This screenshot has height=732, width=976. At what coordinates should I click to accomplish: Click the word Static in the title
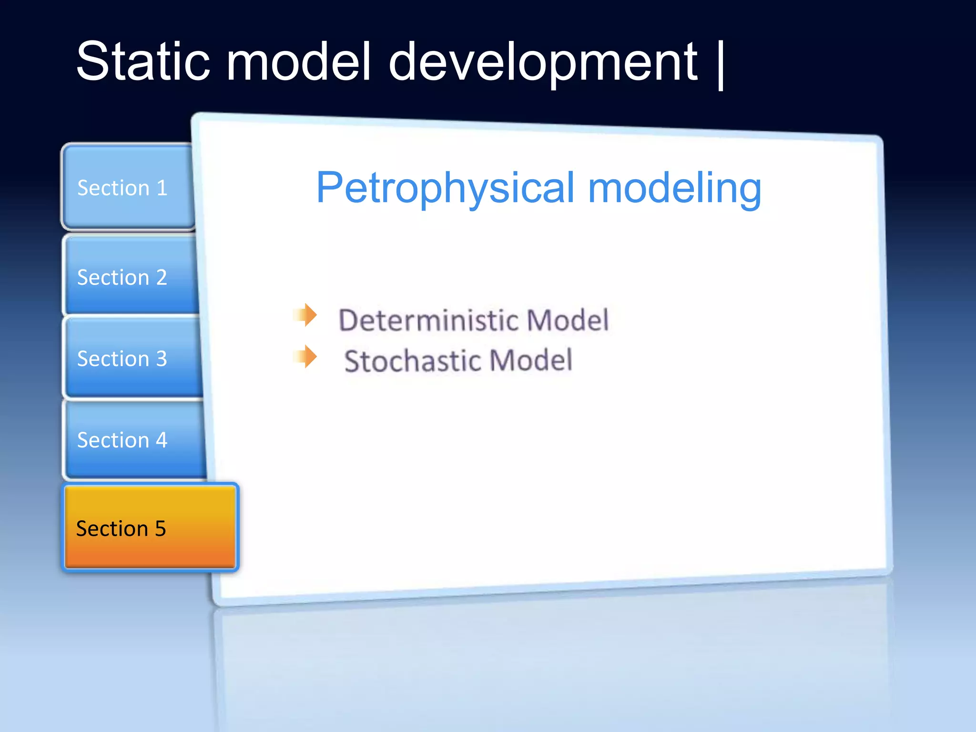143,62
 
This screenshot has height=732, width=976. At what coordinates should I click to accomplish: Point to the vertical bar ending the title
721,64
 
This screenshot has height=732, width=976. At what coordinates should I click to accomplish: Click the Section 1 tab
128,188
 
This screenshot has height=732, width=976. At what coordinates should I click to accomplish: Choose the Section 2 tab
130,277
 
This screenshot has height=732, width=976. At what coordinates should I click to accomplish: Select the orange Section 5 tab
150,528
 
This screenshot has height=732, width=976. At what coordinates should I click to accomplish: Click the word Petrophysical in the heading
445,189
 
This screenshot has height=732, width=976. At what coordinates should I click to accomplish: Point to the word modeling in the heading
675,189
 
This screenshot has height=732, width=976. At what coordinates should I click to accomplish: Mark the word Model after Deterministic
568,320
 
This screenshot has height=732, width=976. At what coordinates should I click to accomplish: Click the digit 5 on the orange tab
160,529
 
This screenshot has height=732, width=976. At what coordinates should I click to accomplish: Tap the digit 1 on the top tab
162,188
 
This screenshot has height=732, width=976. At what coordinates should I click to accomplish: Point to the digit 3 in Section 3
162,358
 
